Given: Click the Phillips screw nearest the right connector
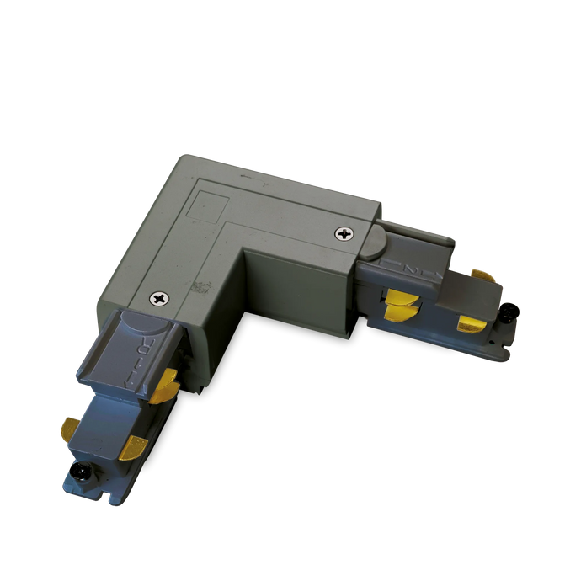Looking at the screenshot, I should pos(344,233).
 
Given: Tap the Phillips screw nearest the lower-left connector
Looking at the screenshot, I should pos(159,297).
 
